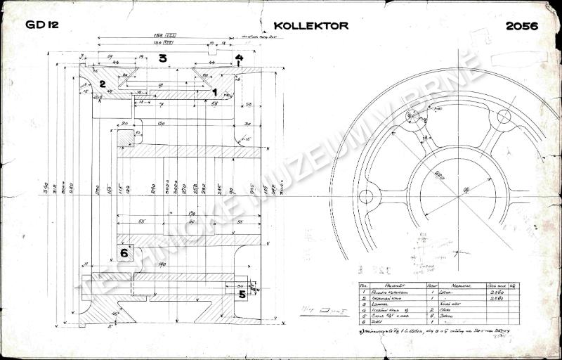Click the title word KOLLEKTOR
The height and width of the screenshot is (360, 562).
311,25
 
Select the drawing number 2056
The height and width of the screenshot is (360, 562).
521,26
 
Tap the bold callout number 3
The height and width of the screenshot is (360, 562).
162,58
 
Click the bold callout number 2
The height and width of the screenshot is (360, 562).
102,84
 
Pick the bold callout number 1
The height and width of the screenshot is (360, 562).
215,91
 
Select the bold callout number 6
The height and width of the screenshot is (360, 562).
124,252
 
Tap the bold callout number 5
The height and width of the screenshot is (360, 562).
242,295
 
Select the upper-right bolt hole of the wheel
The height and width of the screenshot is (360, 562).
503,119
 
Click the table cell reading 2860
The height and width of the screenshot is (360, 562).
496,295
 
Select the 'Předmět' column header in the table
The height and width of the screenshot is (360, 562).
392,287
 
